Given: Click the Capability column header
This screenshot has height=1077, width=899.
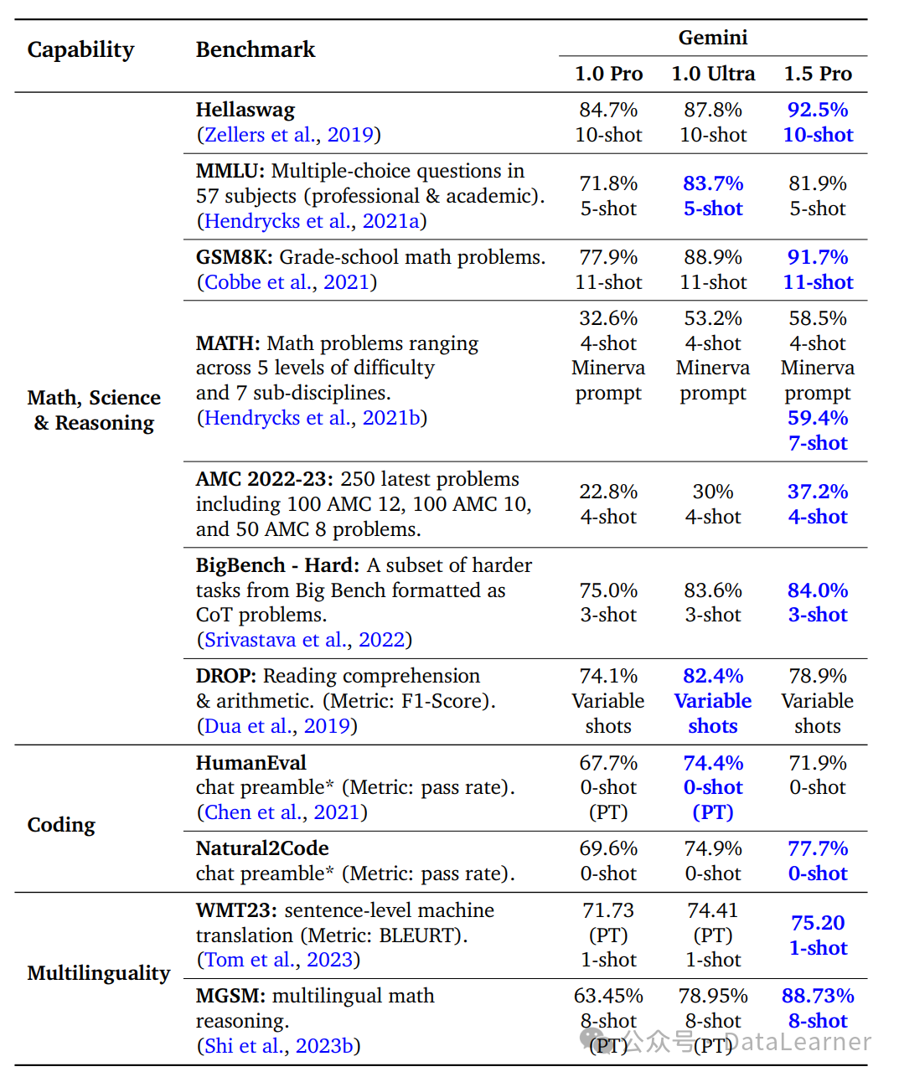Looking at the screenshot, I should pos(80,50).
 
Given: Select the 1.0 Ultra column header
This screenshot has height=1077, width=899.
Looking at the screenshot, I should pos(713,74).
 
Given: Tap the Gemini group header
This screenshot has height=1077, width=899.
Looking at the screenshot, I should pos(713,38).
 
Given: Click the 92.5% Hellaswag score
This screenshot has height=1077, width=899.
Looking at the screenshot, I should pos(818,110).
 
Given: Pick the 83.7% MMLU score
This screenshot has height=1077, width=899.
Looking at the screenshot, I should pos(713,183).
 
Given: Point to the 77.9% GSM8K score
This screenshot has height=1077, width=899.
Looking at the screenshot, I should pos(608,257).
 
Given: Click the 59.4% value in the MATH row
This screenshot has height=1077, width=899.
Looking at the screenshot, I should pos(818,418).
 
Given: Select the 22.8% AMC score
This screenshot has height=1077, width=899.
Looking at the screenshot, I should pos(608,492).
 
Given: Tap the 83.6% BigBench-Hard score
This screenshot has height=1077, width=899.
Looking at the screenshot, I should pos(713,590).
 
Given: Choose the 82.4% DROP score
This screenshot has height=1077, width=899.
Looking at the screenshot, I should pos(713,676).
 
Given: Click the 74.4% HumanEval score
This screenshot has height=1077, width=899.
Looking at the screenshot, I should pos(713,763).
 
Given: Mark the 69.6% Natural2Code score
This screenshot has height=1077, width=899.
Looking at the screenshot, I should pos(608,848).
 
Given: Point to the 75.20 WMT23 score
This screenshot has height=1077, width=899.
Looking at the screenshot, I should pos(818,923).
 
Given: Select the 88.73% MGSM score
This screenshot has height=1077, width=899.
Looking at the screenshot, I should pos(818,996).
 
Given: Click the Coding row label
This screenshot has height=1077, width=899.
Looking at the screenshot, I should pos(61,825).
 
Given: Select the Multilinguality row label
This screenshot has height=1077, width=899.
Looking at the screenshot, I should pos(99,973).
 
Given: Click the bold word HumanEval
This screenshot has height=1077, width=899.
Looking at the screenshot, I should pos(251,763).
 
